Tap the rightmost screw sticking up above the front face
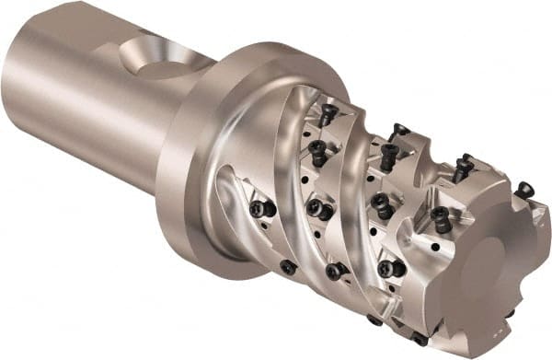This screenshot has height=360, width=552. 523,191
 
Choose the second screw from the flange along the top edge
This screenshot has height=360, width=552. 397,131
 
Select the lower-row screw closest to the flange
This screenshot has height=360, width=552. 288,267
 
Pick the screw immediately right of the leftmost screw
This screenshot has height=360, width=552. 321,211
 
